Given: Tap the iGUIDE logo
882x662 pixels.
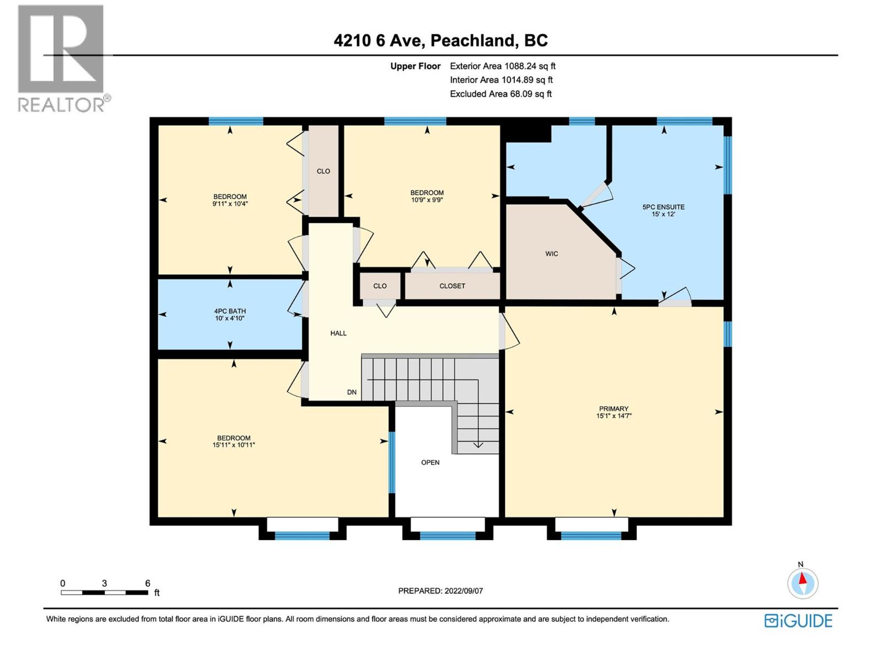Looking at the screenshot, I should pyautogui.click(x=798, y=621).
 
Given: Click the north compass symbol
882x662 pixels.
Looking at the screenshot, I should pyautogui.click(x=803, y=583).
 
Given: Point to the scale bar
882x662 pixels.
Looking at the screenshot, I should pyautogui.click(x=104, y=592).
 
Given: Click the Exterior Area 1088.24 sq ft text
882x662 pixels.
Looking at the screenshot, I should pyautogui.click(x=502, y=66).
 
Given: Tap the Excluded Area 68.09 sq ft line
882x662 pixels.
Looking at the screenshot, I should pyautogui.click(x=501, y=94).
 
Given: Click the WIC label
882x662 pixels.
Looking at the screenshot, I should pyautogui.click(x=551, y=254).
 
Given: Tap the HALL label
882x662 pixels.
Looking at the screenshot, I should pyautogui.click(x=338, y=333).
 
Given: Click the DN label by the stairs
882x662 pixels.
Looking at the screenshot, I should pyautogui.click(x=352, y=392).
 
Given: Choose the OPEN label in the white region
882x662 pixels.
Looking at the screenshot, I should pyautogui.click(x=430, y=462).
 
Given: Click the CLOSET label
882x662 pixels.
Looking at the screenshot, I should pyautogui.click(x=452, y=286).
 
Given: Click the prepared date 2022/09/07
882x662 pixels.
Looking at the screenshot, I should pyautogui.click(x=440, y=591).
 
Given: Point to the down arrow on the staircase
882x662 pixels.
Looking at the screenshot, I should pyautogui.click(x=478, y=444).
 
